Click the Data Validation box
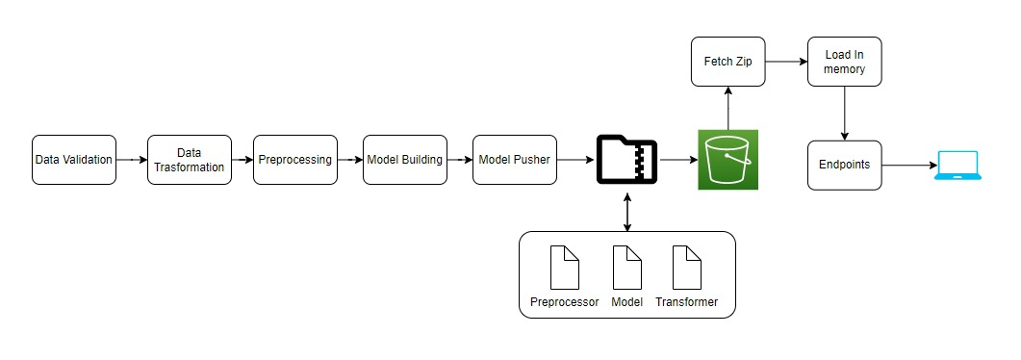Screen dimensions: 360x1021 73,160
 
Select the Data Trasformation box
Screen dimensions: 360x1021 191,160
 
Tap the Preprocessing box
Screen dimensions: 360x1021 294,160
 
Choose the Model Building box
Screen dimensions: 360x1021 403,160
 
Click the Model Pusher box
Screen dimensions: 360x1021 514,160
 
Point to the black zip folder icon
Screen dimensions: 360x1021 627,160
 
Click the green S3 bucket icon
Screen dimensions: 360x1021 728,160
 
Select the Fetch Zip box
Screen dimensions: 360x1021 728,62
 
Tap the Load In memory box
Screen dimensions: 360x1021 844,62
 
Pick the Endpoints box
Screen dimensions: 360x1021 844,165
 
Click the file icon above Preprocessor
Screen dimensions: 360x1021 565,268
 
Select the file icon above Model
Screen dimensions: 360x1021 626,268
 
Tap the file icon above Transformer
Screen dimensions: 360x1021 686,268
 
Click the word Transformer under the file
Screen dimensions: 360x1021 686,302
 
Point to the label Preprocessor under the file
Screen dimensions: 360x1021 565,302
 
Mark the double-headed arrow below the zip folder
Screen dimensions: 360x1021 627,211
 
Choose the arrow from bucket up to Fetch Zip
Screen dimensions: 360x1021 728,107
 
